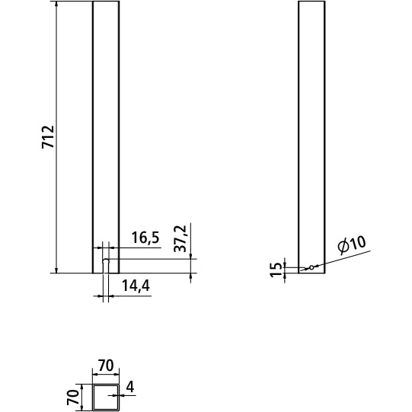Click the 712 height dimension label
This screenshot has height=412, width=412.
[x=47, y=137]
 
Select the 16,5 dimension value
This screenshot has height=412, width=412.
[x=144, y=238]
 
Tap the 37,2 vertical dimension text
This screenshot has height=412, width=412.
[x=180, y=238]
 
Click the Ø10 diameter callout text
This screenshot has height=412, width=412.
[x=351, y=245]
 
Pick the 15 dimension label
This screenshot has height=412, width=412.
[x=276, y=270]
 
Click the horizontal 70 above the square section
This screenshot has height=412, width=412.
[x=105, y=366]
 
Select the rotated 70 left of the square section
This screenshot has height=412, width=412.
[x=73, y=396]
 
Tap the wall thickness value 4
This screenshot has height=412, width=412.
[x=130, y=388]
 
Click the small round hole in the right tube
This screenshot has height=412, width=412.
[x=310, y=267]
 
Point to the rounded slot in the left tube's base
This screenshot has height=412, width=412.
[x=106, y=265]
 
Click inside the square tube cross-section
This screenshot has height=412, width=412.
[x=105, y=398]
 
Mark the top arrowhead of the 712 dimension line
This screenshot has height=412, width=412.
[x=58, y=5]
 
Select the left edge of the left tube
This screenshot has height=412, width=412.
[x=92, y=137]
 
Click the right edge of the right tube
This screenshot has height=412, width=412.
[x=324, y=137]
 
